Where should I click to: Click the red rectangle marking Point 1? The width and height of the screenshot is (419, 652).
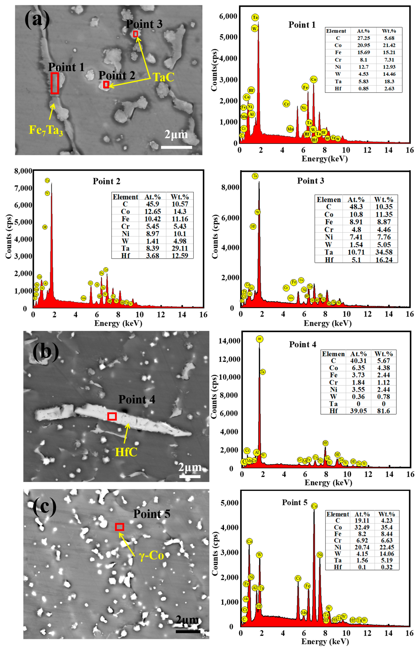[55, 83]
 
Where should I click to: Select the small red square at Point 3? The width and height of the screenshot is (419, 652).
[136, 34]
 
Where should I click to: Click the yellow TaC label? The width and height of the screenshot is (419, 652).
[163, 77]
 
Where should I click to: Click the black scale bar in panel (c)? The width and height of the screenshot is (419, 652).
[188, 631]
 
